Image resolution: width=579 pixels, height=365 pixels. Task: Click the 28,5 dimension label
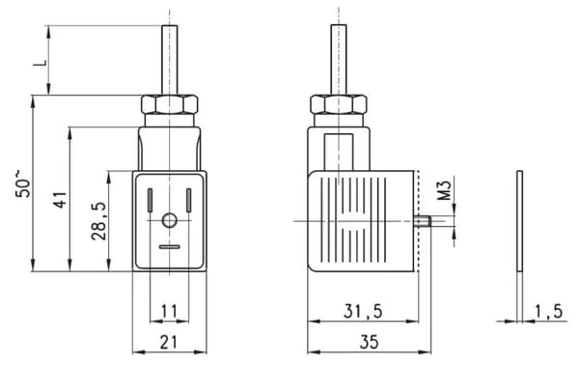coord(99,221)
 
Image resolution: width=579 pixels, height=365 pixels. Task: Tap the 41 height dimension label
coord(61,200)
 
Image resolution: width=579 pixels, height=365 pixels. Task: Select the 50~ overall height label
coord(23,183)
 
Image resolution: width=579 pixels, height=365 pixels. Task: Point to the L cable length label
coord(41,62)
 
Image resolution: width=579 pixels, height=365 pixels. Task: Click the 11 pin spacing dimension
coord(169,312)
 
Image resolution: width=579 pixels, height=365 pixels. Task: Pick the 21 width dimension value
coord(169,342)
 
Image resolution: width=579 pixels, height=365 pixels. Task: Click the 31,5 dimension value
coord(363,312)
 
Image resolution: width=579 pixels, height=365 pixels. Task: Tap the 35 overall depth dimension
coord(369,342)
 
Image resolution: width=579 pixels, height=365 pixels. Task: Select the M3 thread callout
coord(445,190)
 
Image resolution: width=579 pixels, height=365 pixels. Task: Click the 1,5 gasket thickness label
coord(549,312)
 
